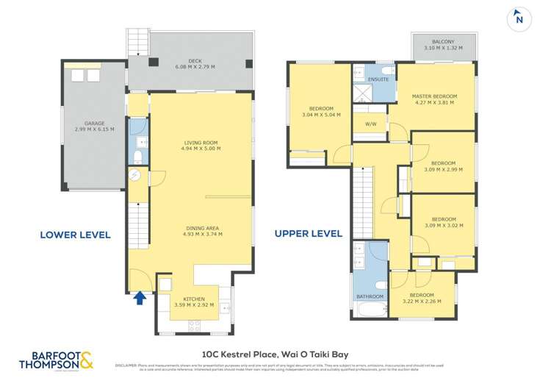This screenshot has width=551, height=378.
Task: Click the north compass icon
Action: (519, 18)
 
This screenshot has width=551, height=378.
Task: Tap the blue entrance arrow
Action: (140, 297)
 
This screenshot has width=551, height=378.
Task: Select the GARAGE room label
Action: (94, 126)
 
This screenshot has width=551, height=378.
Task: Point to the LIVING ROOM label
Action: (201, 146)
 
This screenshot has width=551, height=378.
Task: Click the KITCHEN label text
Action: (194, 301)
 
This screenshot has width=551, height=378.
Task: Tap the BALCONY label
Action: (444, 45)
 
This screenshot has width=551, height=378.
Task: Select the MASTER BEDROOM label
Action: (434, 99)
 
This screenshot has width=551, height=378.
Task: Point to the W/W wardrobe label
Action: (371, 124)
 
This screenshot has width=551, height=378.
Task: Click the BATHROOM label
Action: (370, 296)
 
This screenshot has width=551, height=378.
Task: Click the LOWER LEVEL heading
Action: (75, 235)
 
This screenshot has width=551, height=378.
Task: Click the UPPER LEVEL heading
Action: (308, 234)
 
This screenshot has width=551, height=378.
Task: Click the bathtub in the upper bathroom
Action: (369, 309)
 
